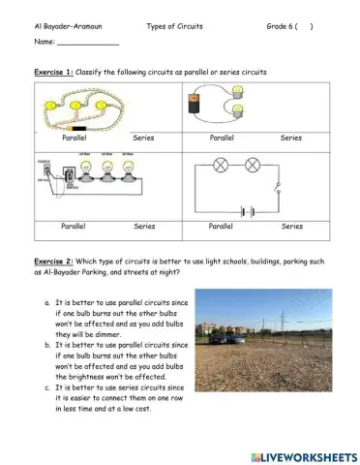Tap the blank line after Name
(88, 44)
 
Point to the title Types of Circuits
(175, 26)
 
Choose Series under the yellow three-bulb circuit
(144, 139)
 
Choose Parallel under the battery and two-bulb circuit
(221, 139)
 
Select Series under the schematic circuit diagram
(291, 226)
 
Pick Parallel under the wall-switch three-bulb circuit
(74, 226)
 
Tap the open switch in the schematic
(279, 186)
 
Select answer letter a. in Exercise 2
(47, 302)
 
